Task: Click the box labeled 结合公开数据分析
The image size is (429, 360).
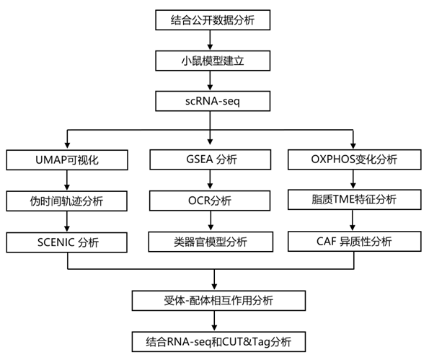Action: (x=213, y=20)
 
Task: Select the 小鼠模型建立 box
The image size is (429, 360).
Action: (x=213, y=61)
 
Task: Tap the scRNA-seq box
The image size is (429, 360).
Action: (x=213, y=101)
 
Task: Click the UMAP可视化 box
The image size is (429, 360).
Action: (x=67, y=160)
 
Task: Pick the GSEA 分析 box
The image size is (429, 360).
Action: (x=210, y=159)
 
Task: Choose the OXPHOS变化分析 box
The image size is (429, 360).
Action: (x=354, y=159)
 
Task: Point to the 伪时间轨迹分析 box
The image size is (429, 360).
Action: (x=67, y=201)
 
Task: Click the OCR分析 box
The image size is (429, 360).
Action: (x=210, y=201)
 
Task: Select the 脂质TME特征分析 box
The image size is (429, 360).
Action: (x=354, y=200)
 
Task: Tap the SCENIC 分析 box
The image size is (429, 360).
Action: (x=67, y=242)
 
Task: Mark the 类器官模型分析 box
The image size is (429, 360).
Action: (x=211, y=242)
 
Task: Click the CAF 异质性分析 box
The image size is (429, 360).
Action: (x=354, y=241)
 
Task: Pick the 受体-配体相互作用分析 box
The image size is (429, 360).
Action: (x=218, y=301)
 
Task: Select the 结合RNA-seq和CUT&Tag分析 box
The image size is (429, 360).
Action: (x=218, y=342)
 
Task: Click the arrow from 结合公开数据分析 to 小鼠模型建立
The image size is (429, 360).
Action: (x=210, y=40)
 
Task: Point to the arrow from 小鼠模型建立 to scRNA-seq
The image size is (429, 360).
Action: (x=210, y=81)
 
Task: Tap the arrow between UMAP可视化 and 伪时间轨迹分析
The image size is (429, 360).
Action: (x=67, y=180)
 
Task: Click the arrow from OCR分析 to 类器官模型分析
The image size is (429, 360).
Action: (x=211, y=221)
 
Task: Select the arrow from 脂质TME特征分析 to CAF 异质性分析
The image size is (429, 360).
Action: (x=353, y=220)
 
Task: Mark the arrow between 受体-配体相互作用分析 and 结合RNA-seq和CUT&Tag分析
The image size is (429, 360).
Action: (x=215, y=321)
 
